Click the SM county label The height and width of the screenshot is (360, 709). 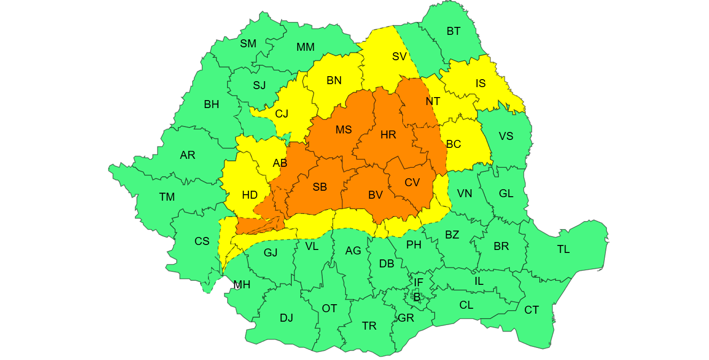[248, 44]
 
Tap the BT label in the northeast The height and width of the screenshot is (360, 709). [453, 31]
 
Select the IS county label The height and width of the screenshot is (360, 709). [480, 84]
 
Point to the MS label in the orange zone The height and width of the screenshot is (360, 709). [344, 130]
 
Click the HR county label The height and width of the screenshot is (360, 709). [388, 135]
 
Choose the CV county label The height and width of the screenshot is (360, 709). [412, 183]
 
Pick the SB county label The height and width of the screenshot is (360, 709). [320, 187]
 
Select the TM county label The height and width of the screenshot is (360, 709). [167, 197]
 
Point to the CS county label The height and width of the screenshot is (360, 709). [202, 241]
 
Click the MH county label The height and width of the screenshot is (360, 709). [242, 285]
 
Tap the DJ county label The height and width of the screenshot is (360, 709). [286, 318]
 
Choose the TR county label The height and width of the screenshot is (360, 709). [369, 326]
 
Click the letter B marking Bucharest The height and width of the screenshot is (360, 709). [417, 297]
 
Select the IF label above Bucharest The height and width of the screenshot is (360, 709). [418, 283]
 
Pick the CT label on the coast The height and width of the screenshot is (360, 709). [531, 310]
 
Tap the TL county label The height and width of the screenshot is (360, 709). [563, 249]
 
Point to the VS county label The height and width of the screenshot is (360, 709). [506, 136]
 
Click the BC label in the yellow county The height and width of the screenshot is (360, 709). [454, 144]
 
